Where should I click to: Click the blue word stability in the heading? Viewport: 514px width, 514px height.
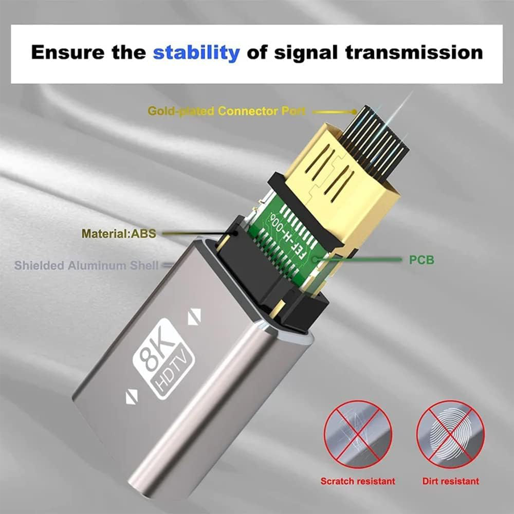196,52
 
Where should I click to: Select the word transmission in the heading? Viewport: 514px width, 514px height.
414,52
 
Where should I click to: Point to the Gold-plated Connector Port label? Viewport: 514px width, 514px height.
226,111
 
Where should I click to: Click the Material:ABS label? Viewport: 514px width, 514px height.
119,234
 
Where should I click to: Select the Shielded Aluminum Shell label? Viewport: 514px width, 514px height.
86,266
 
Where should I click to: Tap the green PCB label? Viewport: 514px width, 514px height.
421,260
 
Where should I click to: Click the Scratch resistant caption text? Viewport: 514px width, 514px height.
358,481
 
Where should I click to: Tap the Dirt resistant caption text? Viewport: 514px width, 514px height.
450,481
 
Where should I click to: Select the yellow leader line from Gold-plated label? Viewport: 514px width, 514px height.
334,112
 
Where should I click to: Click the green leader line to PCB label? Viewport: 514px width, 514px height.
363,260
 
